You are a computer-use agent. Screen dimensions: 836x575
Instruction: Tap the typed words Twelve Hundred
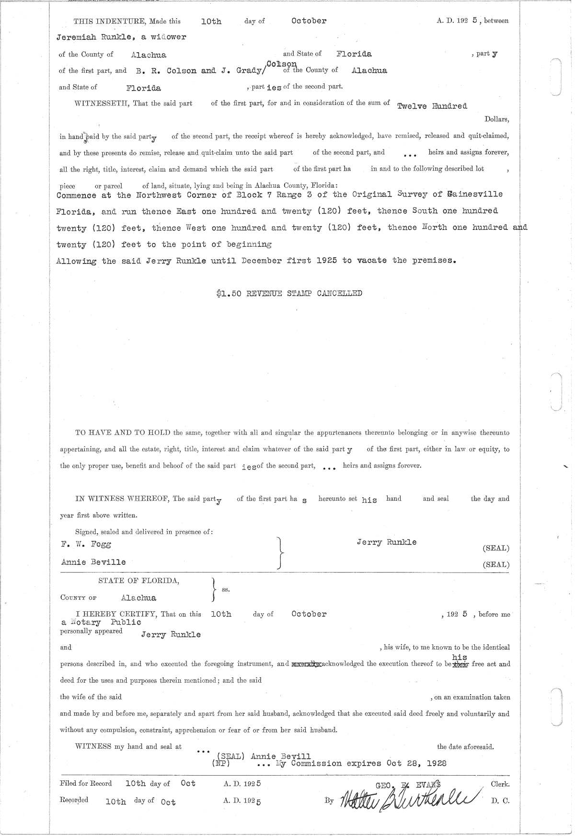(x=432, y=106)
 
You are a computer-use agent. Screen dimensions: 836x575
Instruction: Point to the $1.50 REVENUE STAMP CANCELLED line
(x=289, y=293)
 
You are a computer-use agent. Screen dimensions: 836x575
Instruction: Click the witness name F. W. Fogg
(x=86, y=544)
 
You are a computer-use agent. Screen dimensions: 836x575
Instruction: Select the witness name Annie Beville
(x=93, y=562)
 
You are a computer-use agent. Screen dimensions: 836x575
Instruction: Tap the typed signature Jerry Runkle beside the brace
(x=387, y=542)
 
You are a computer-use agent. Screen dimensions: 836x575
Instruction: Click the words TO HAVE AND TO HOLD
(x=123, y=433)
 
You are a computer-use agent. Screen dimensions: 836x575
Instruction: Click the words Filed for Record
(x=86, y=784)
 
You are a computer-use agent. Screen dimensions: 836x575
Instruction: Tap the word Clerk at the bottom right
(x=500, y=784)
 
